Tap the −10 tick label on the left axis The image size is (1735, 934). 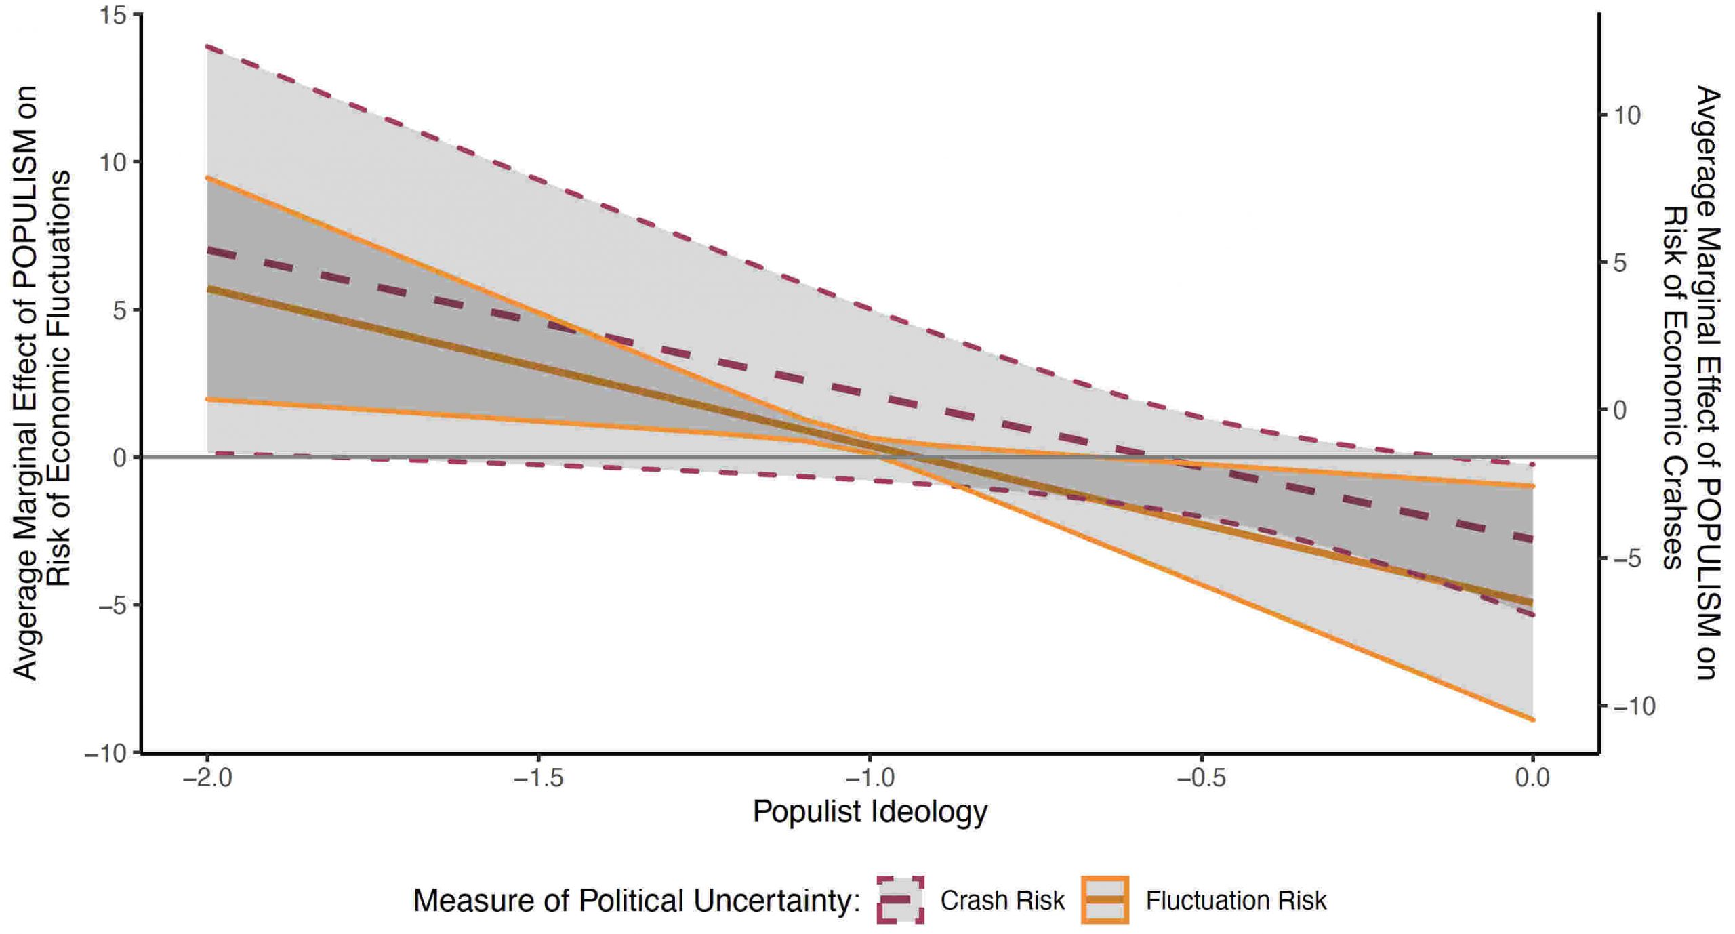tap(106, 754)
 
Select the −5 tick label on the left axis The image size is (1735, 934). tap(113, 606)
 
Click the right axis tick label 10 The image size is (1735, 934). tap(1627, 115)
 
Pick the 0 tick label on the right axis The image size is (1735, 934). tap(1620, 411)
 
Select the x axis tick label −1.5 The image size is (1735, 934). tap(538, 778)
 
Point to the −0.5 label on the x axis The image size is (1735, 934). tap(1201, 778)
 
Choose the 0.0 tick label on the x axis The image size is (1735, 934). tap(1532, 778)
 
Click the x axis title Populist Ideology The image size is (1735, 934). tap(870, 812)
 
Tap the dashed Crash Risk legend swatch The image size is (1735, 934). tap(900, 900)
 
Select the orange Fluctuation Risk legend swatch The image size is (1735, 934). tap(1105, 900)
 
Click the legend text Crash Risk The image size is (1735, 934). tap(1002, 901)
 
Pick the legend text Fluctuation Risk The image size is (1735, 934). tap(1236, 901)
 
